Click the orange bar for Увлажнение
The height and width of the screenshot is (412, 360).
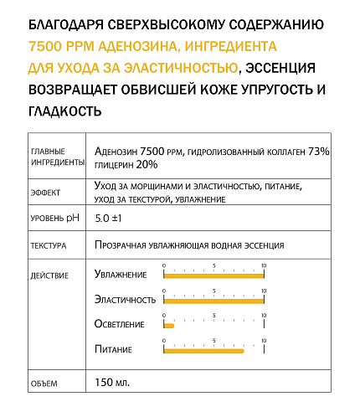coord(213,274)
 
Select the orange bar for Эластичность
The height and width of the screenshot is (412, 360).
coord(213,299)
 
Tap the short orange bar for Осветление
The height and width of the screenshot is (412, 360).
coord(168,324)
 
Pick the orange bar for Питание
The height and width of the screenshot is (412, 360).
coord(203,350)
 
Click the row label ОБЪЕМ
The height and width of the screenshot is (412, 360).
coord(44,384)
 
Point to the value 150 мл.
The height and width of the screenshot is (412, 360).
coord(113,383)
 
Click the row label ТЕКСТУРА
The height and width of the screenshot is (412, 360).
coord(49,247)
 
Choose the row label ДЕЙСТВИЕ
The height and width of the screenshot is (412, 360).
coord(49,275)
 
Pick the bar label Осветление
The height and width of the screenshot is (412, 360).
coord(120,324)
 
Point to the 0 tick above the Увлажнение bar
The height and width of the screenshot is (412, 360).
coord(164,265)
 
